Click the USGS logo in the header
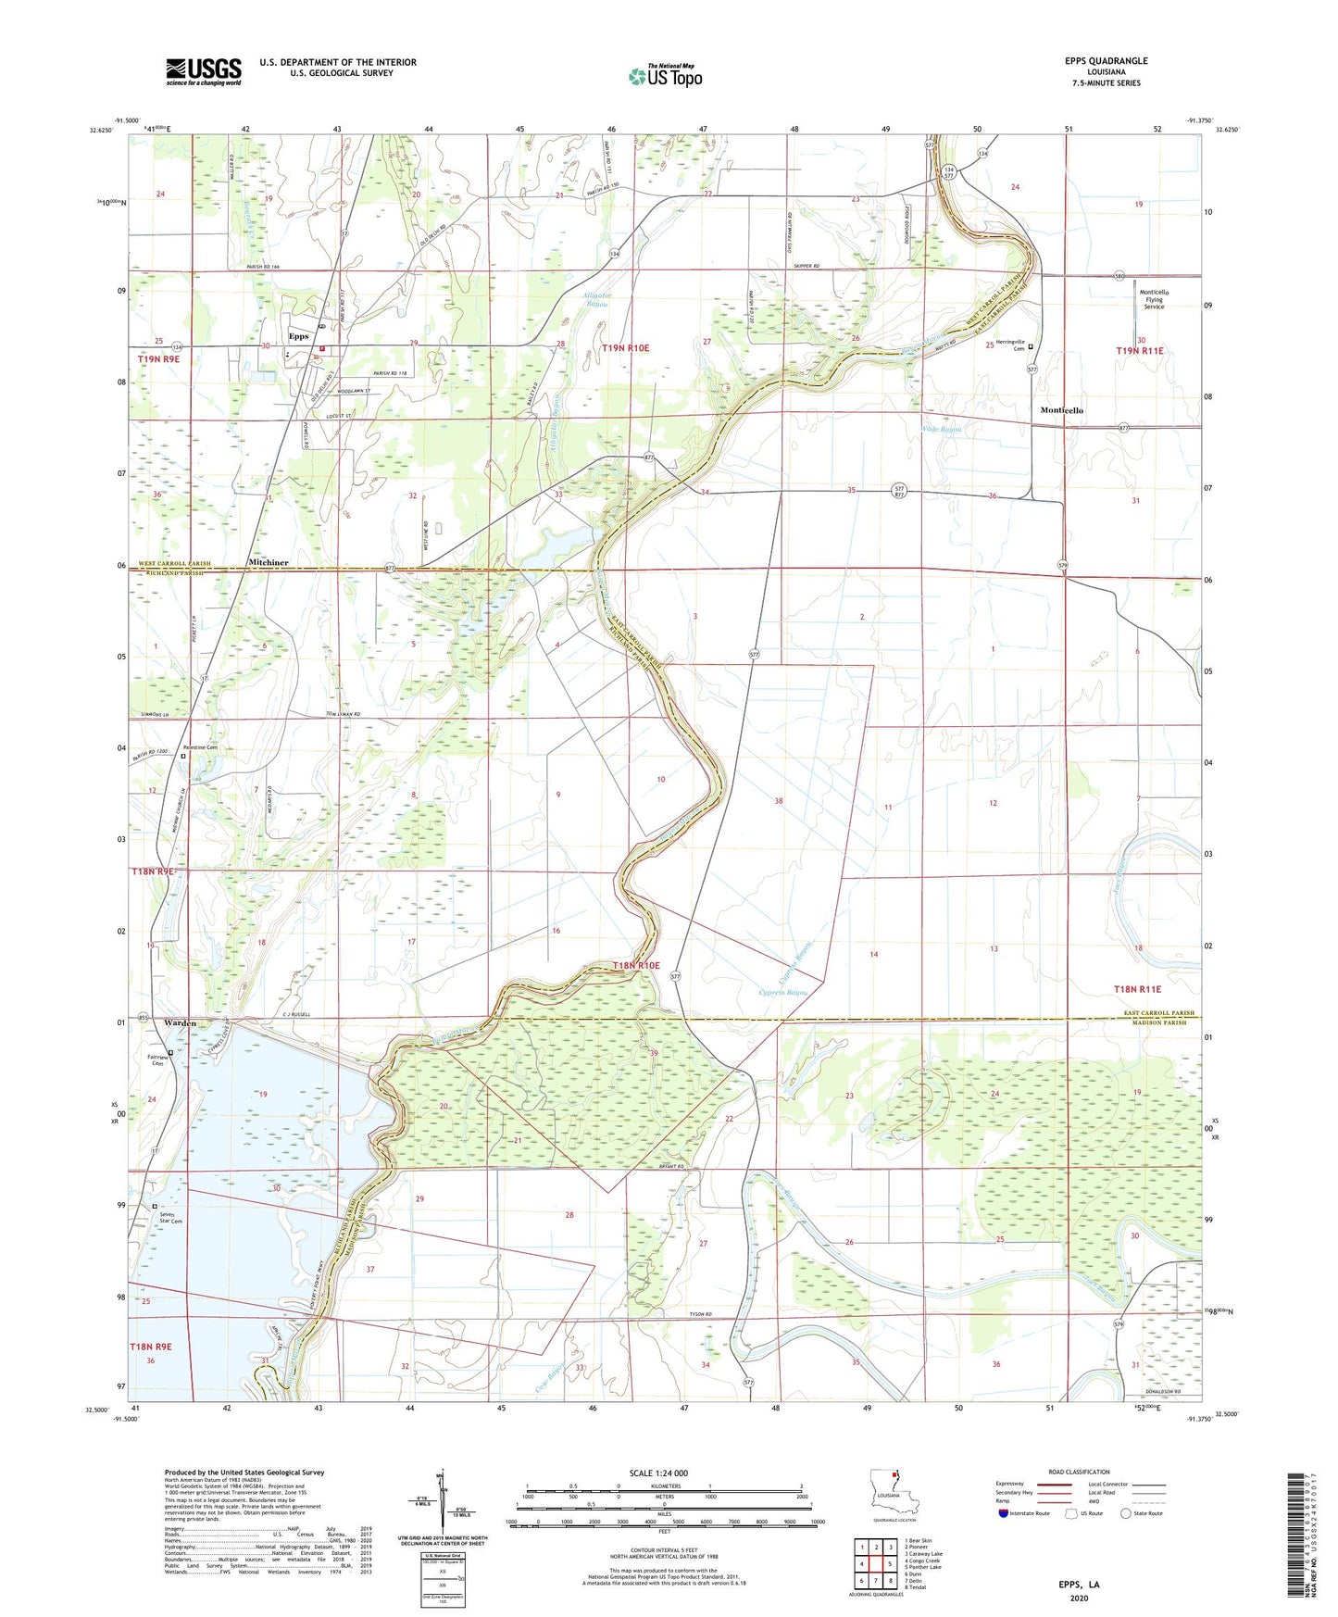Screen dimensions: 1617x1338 click(x=204, y=70)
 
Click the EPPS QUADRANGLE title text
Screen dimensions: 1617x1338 click(x=1106, y=61)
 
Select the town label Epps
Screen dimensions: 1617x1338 click(x=298, y=336)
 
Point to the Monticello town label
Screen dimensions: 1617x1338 click(x=1061, y=410)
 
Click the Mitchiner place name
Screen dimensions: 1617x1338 click(x=269, y=562)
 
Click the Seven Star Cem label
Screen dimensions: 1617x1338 click(x=170, y=1218)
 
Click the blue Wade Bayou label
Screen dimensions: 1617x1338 click(x=942, y=429)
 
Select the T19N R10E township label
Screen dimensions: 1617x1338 click(x=625, y=348)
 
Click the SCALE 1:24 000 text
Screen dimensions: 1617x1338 click(x=664, y=1473)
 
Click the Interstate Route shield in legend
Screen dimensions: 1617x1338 click(x=1005, y=1513)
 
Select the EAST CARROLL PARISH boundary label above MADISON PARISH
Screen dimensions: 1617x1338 click(x=1159, y=1013)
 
